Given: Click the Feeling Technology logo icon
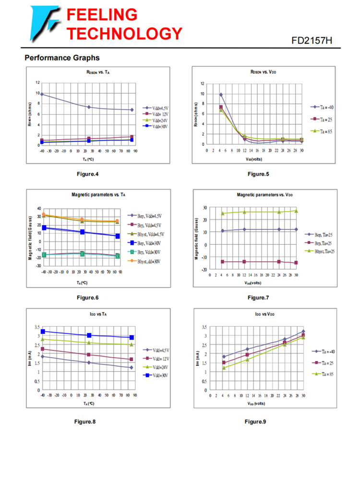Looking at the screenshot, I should click(45, 24).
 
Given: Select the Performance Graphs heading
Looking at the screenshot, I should click(62, 58).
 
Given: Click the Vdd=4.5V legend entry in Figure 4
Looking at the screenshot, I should click(157, 108).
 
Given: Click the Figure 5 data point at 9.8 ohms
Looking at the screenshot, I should click(221, 95).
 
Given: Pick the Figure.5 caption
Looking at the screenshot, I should click(258, 174).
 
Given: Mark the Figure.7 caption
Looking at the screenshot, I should click(258, 298).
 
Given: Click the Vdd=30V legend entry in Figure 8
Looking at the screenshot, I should click(157, 375).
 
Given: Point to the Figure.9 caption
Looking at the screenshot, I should click(255, 421).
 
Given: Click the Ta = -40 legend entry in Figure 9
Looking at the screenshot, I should click(324, 351).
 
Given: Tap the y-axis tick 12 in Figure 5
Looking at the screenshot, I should click(203, 84).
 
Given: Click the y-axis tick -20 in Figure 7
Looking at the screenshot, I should click(204, 270).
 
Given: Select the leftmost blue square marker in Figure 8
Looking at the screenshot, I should click(43, 331).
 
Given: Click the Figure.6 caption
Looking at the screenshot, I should click(87, 298).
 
